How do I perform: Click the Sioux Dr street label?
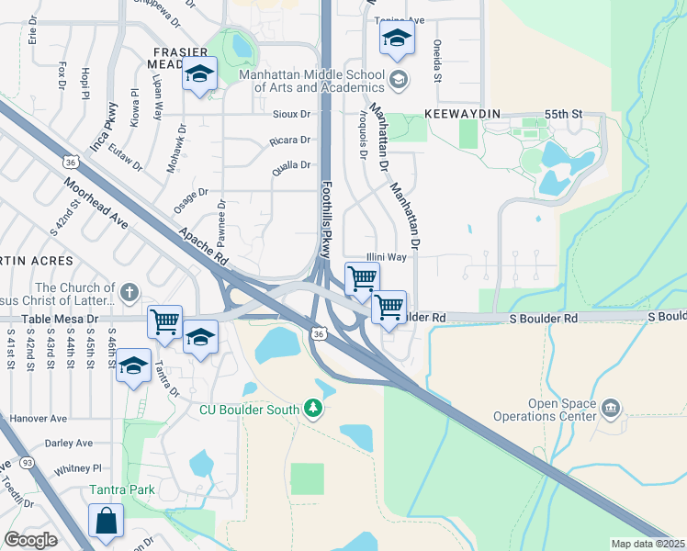(292, 115)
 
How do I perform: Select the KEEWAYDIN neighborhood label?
(461, 114)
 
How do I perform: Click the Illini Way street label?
(386, 258)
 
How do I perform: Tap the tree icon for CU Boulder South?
(314, 407)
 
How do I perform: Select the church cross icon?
(130, 293)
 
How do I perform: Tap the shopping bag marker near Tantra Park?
(106, 520)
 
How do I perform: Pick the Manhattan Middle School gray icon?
(397, 80)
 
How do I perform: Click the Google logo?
(30, 540)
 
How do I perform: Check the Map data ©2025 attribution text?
(648, 544)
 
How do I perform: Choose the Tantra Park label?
(122, 489)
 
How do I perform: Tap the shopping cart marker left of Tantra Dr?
(164, 321)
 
